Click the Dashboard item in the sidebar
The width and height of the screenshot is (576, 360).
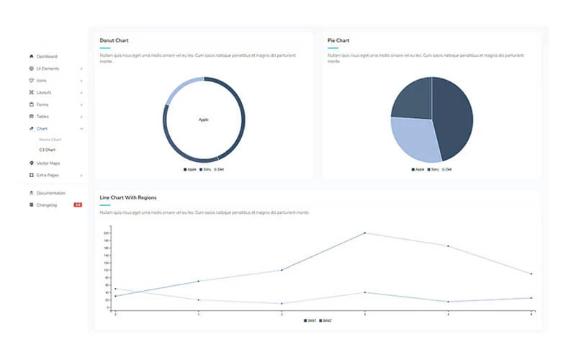coord(47,56)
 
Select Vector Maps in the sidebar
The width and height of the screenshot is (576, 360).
coord(48,163)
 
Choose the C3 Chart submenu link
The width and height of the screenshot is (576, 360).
coord(47,150)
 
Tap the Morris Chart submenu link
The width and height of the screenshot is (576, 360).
coord(50,139)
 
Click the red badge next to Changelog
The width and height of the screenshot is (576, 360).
coord(77,205)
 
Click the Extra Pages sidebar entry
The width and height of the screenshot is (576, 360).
coord(49,175)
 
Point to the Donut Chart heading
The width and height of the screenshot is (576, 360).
coord(114,40)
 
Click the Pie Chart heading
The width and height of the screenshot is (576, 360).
coord(338,40)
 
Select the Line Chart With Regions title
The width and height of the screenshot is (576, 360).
coord(128,197)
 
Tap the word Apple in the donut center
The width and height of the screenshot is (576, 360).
coord(204,120)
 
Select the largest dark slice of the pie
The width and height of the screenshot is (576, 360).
coord(454,115)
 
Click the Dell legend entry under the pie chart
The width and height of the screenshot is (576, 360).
coord(447,169)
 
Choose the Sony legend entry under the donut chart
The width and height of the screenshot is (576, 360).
coord(206,169)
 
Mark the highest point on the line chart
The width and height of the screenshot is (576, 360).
coord(364,233)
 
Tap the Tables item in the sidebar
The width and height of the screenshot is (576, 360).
coord(43,116)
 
